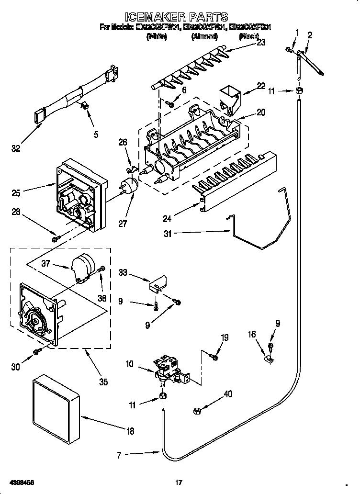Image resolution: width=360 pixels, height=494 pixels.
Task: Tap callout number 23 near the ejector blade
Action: pos(261,42)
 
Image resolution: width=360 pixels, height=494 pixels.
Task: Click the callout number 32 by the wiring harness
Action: pos(16,149)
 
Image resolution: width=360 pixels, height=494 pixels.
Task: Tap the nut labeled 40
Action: pos(197,410)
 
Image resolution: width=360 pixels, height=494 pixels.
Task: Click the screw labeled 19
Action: pos(214,357)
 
